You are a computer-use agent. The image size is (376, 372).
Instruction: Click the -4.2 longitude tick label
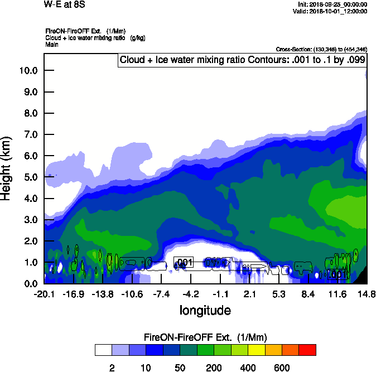191,294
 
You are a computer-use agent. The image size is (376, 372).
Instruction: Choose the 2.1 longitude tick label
249,294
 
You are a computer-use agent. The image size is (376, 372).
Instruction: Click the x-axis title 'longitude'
205,310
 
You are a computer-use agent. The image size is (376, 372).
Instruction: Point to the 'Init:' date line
332,4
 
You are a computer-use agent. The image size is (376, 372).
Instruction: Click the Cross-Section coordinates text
321,50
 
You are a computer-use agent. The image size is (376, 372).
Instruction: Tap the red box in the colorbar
307,350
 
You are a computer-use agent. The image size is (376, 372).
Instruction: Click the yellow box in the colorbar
256,350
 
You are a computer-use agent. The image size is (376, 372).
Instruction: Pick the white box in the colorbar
103,350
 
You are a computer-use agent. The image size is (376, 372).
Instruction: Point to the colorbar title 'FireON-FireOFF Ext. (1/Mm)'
205,337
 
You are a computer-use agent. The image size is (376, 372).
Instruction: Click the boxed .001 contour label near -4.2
184,262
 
